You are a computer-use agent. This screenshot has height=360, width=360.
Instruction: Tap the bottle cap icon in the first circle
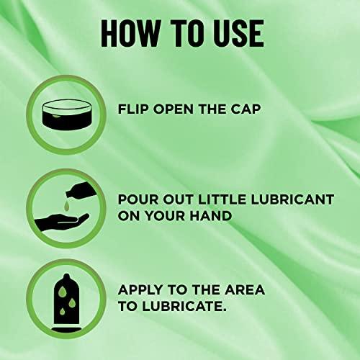(61, 111)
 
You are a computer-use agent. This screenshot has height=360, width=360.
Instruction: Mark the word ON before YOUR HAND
(132, 217)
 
